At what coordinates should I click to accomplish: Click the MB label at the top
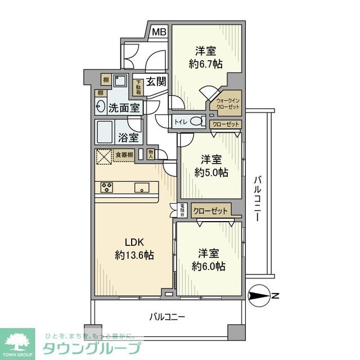point(159,32)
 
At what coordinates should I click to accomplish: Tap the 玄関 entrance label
point(156,82)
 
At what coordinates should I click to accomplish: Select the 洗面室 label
point(124,107)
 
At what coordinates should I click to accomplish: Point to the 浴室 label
point(128,137)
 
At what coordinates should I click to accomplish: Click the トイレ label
point(181,121)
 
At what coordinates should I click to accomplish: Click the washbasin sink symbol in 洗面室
point(101,107)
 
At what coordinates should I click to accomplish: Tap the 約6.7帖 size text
point(206,64)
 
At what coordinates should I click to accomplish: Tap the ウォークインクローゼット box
point(227,102)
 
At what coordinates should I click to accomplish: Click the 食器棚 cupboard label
point(124,155)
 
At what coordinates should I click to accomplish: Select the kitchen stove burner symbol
point(107,187)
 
